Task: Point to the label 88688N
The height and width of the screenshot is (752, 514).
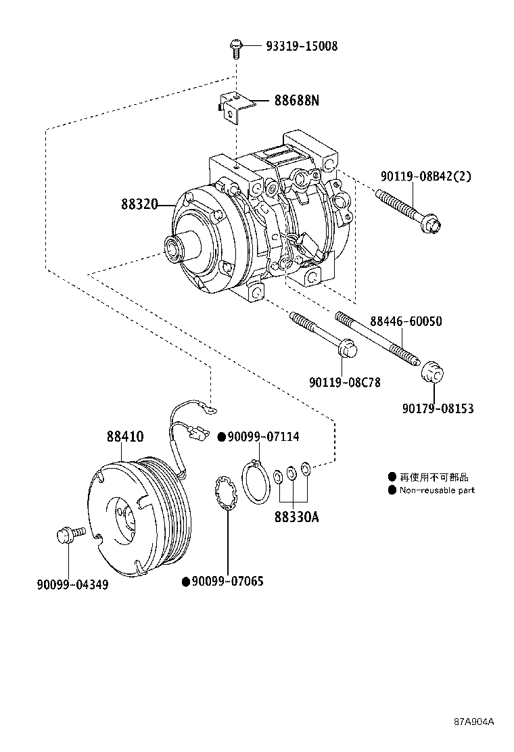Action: coord(296,101)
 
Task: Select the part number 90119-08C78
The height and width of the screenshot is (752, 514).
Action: coord(345,382)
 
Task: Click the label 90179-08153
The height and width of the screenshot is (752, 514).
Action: coord(438,408)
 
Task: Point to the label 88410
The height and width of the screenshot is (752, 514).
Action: coord(124,437)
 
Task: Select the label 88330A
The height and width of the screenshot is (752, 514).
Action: coord(296,517)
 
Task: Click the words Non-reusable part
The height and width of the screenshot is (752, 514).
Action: coord(437,490)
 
